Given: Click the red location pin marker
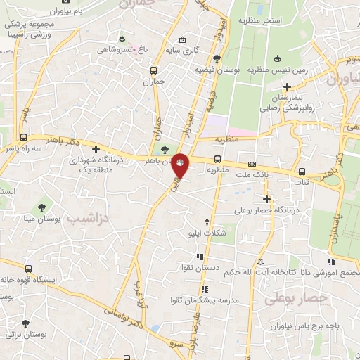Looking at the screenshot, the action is coord(181,165).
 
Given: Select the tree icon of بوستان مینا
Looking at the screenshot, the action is coord(43,207).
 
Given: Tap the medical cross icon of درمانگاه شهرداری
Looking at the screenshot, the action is coord(96,149).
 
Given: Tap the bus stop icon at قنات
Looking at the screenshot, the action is coord(302,172).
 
